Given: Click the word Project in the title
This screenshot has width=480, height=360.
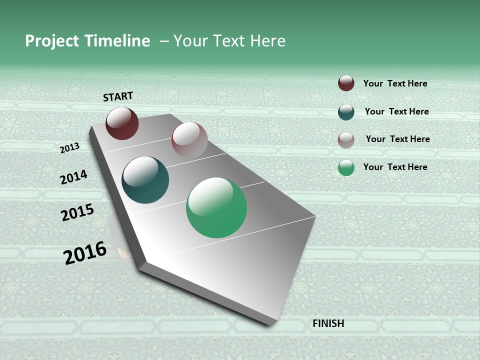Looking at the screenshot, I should tap(52, 41).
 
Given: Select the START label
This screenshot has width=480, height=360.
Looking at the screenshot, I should tap(118, 96).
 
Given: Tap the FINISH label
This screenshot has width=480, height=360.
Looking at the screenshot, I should tap(328, 323).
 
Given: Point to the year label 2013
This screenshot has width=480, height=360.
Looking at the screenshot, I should tap(70, 148).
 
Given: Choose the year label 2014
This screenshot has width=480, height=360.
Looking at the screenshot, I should tap(73, 177).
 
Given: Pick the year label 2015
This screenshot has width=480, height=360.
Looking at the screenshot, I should tap(77, 213).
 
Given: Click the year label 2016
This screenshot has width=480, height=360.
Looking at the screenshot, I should tap(85, 253).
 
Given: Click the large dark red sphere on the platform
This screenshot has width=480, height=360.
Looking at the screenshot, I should tap(122, 123).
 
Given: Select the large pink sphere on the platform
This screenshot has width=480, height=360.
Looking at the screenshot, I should tap(189, 140).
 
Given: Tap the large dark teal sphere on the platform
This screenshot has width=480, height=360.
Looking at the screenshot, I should tap(145, 180).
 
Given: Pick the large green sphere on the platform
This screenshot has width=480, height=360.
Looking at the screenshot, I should tap(216, 207).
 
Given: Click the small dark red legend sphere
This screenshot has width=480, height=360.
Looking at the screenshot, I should tap(346, 83).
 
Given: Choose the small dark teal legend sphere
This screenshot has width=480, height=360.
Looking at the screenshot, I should tap(346, 112).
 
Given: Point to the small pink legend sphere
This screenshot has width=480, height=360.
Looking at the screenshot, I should tap(346, 139).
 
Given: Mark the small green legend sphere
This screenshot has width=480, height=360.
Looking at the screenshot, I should tap(346, 167).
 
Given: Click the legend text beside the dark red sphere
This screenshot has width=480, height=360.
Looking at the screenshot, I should tap(395, 83).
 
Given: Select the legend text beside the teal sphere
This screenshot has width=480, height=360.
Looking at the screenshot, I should tap(396, 111).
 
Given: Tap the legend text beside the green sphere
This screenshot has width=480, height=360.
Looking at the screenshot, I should tap(395, 167).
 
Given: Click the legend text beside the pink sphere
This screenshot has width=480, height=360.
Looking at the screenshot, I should tap(397, 139).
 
